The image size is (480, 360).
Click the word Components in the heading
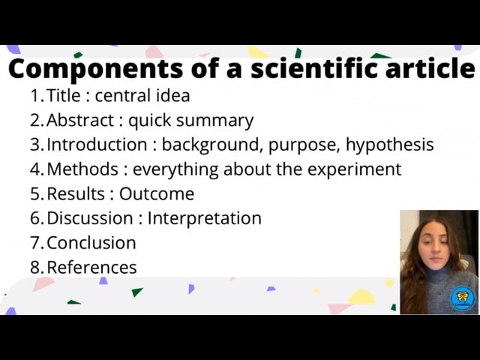point(96,69)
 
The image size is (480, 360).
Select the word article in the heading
point(430,68)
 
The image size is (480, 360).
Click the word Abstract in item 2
point(80,120)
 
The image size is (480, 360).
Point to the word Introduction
point(97,145)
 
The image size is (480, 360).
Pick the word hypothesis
point(390,145)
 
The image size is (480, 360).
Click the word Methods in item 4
point(82,169)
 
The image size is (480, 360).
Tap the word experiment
point(354,170)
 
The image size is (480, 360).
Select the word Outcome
point(157,193)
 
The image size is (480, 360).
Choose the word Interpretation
point(205,219)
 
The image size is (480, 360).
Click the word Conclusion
point(91,243)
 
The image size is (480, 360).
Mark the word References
point(91,267)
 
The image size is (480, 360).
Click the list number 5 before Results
point(35,193)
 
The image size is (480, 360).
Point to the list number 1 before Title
point(35,95)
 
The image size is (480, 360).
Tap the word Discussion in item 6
point(90,218)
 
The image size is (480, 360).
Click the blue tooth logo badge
point(463,298)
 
